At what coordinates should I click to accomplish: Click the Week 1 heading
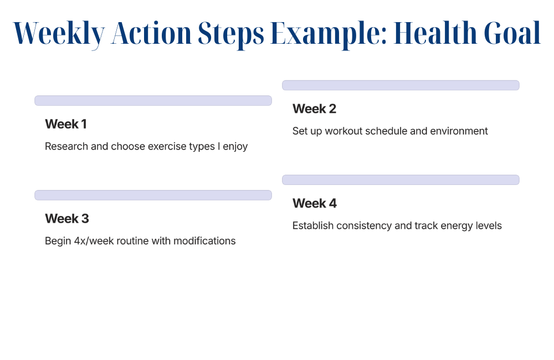[66, 124]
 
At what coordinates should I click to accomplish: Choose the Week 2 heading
[314, 109]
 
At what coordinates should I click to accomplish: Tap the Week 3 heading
[67, 219]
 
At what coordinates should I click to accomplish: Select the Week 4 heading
[315, 203]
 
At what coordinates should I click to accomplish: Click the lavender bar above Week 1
[153, 101]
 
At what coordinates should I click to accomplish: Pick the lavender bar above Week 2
[401, 85]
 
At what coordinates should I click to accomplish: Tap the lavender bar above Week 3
[153, 196]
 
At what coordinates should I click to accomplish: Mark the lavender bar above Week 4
[401, 180]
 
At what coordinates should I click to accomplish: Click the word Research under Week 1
[66, 146]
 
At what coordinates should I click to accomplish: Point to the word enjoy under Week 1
[235, 147]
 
